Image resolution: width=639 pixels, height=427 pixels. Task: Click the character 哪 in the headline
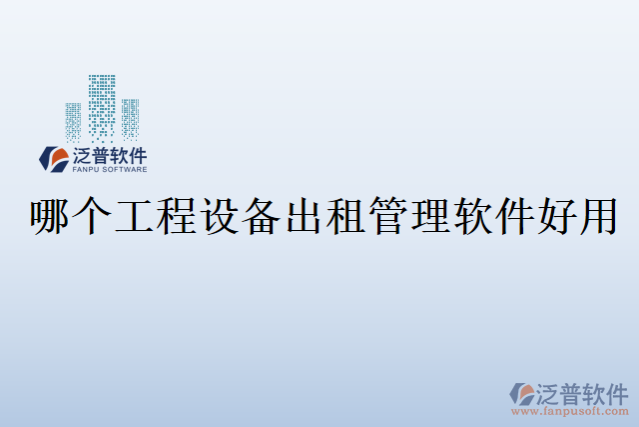[x=52, y=217]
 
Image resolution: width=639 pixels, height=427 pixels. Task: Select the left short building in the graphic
[x=74, y=121]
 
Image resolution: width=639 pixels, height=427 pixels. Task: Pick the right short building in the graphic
[x=131, y=119]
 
